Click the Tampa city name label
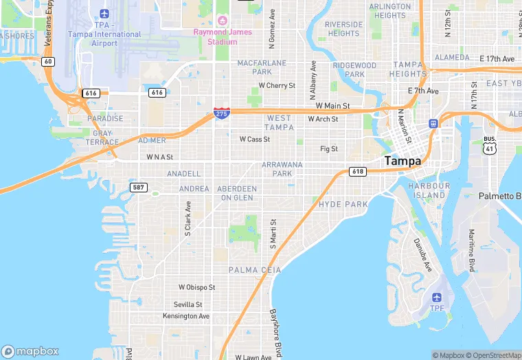coord(403,161)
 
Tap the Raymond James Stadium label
coord(223,37)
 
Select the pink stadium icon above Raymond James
coord(222,20)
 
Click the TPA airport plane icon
coord(104,14)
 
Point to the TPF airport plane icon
coord(437,297)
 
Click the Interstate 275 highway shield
coord(221,113)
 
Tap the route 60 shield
coord(47,61)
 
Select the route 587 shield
coord(138,187)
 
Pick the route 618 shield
coord(356,171)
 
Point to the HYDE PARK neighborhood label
coord(343,205)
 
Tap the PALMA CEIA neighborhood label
coord(255,270)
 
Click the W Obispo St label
coord(197,287)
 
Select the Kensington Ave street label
coord(185,316)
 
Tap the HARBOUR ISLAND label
coord(429,190)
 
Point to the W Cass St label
coord(254,139)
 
